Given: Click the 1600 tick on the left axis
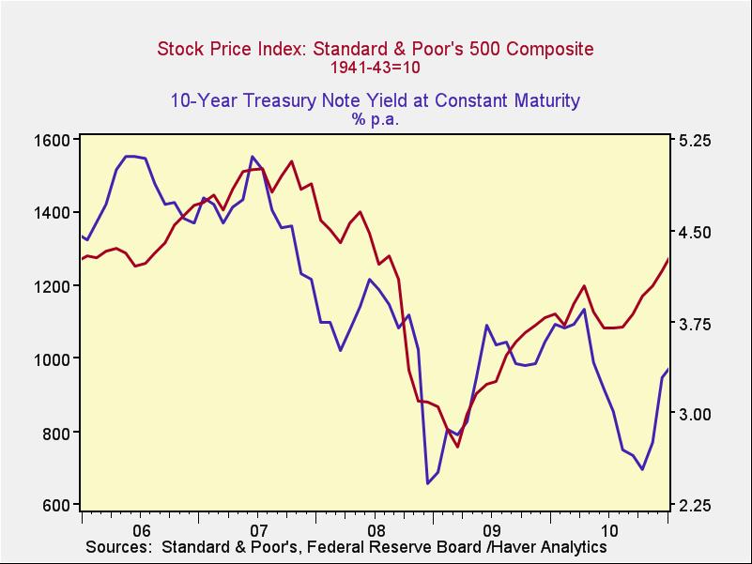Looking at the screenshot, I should (x=54, y=140).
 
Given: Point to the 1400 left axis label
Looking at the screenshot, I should (x=54, y=213).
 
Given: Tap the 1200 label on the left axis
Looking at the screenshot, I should (x=54, y=286).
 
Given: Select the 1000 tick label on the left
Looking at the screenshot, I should (x=54, y=359).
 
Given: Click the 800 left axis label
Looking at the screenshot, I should (x=58, y=433).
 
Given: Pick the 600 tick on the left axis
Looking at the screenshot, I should (x=58, y=506).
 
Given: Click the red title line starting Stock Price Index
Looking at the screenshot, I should (x=376, y=49).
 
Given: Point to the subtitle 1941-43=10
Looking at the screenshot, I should (x=376, y=68).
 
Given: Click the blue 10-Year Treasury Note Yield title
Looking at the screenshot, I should (x=376, y=100).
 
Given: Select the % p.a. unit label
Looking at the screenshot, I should (x=376, y=119).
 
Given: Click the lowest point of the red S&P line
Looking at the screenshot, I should (x=457, y=446).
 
